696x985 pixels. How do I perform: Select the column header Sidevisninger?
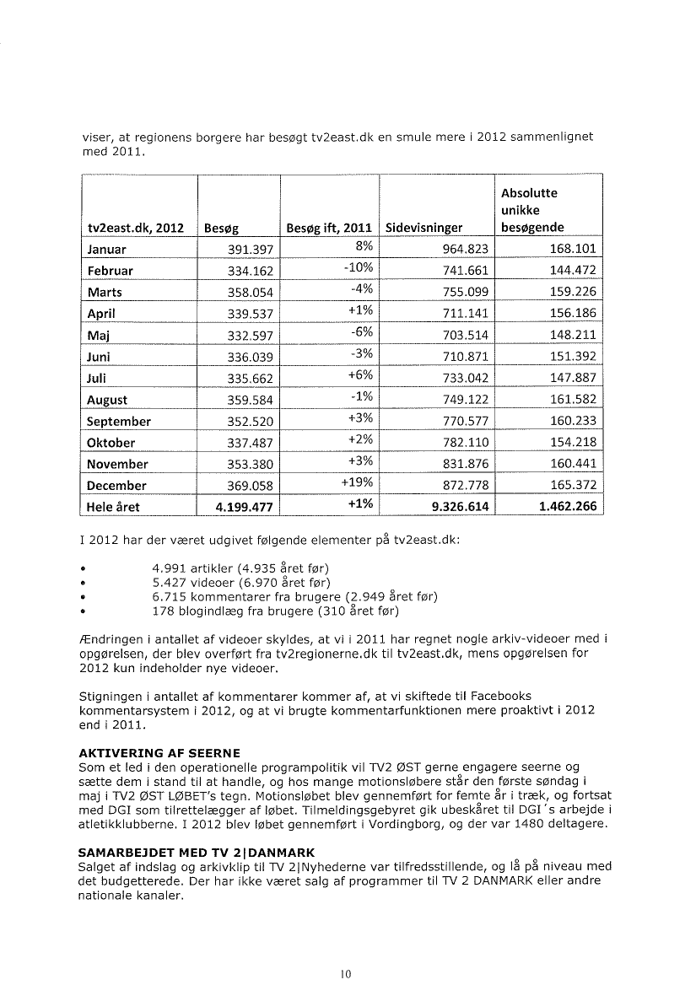pos(424,228)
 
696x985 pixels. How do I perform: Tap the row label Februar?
pos(111,271)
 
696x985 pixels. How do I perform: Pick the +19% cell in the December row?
pos(356,485)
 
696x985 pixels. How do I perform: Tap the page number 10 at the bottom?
pos(345,972)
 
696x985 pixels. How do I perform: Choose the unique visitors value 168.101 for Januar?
pos(571,250)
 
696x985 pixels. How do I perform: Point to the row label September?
pos(119,421)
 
